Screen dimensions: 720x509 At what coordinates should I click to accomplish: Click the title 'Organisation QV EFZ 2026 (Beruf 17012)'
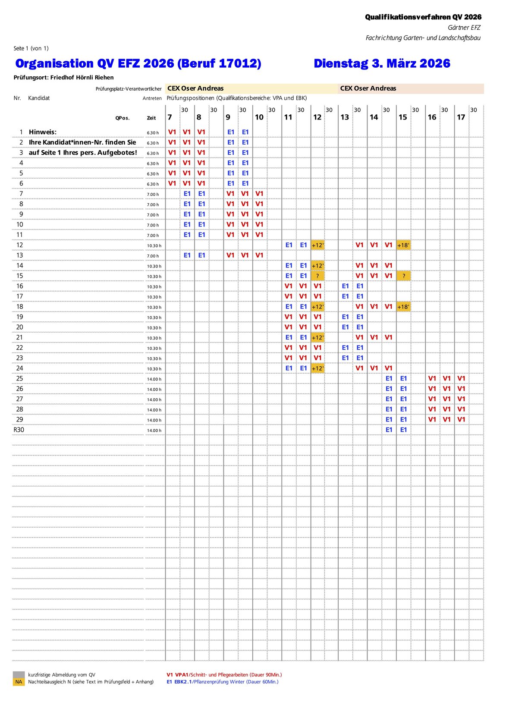point(138,63)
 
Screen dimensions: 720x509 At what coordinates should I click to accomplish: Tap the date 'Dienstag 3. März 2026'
point(382,63)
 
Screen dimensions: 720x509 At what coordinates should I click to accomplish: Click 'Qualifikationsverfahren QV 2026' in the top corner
point(423,17)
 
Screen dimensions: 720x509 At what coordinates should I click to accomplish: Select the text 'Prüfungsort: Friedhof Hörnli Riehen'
point(64,78)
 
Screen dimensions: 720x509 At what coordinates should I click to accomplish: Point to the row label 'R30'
point(19,430)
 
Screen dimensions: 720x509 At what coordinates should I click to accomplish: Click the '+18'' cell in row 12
point(403,245)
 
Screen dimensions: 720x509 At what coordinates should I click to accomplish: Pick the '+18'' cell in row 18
point(403,307)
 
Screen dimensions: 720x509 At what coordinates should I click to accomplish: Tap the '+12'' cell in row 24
point(317,368)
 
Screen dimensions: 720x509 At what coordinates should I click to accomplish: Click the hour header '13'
point(345,117)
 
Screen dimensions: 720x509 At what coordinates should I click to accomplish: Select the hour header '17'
point(461,117)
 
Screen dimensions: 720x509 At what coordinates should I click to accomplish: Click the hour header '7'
point(170,117)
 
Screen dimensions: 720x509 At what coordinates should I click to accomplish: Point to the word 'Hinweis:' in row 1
point(43,132)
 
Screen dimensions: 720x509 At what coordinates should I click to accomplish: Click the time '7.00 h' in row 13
point(153,256)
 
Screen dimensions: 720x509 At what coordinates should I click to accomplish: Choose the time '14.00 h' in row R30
point(154,431)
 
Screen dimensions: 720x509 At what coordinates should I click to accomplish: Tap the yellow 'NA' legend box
point(19,682)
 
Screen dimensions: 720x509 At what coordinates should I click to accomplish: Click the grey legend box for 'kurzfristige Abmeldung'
point(19,675)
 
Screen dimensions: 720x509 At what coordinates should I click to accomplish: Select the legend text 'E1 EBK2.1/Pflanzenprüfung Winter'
point(222,682)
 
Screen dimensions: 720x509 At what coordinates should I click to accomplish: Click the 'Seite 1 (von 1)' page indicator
point(31,48)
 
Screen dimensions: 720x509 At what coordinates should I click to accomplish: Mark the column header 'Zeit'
point(151,118)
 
